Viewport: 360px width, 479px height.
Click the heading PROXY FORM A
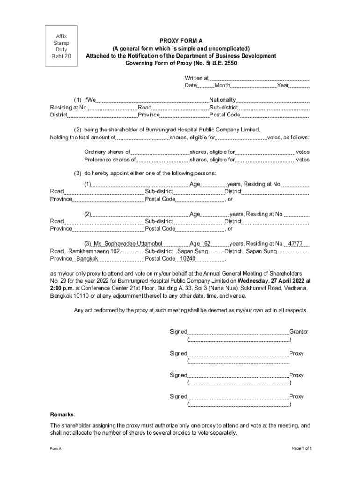[x=180, y=41]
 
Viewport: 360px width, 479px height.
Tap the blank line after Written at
[x=259, y=79]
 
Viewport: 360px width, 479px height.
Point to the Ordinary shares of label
[x=107, y=152]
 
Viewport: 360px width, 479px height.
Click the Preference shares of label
[x=109, y=160]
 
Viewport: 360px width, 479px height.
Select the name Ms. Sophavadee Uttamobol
[x=128, y=244]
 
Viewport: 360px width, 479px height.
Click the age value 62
[x=208, y=244]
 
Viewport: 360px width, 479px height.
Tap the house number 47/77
[x=295, y=244]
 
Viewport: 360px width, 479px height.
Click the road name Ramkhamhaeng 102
[x=94, y=251]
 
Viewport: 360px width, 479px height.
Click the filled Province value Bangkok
[x=87, y=259]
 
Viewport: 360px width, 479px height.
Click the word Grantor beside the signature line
[x=299, y=331]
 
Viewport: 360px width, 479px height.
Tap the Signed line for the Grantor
[x=238, y=332]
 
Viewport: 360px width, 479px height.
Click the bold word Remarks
[x=62, y=414]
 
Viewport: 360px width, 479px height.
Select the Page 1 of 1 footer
[x=302, y=448]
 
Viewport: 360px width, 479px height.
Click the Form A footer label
[x=56, y=448]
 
